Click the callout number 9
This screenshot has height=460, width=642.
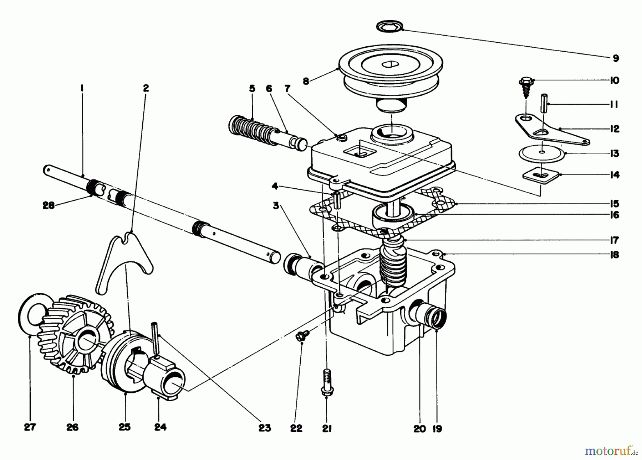tap(616, 58)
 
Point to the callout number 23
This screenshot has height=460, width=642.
tap(265, 428)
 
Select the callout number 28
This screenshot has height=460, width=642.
tap(49, 206)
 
